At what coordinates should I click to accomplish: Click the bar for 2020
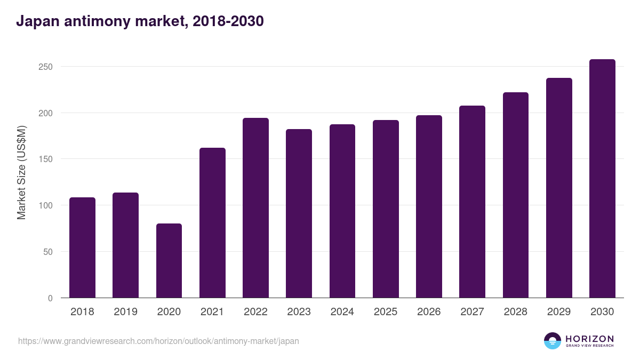click(x=169, y=261)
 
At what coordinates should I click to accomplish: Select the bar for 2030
click(x=602, y=179)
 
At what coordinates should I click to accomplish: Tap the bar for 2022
click(x=255, y=208)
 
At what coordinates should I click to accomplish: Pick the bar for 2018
click(x=82, y=247)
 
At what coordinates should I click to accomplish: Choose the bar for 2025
click(x=386, y=209)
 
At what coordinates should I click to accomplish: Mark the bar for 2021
click(x=212, y=223)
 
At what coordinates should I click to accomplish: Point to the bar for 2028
click(x=516, y=195)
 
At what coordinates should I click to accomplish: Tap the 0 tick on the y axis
click(x=50, y=298)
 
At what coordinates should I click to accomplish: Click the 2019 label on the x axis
click(x=125, y=312)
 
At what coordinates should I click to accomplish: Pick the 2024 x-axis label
click(x=342, y=312)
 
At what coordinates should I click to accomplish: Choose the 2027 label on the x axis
click(x=472, y=312)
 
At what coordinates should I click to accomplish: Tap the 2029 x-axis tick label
click(x=559, y=312)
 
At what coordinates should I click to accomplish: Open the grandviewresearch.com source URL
click(x=158, y=341)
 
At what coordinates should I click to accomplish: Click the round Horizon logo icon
click(x=553, y=341)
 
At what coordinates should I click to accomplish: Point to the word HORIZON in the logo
click(x=589, y=339)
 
